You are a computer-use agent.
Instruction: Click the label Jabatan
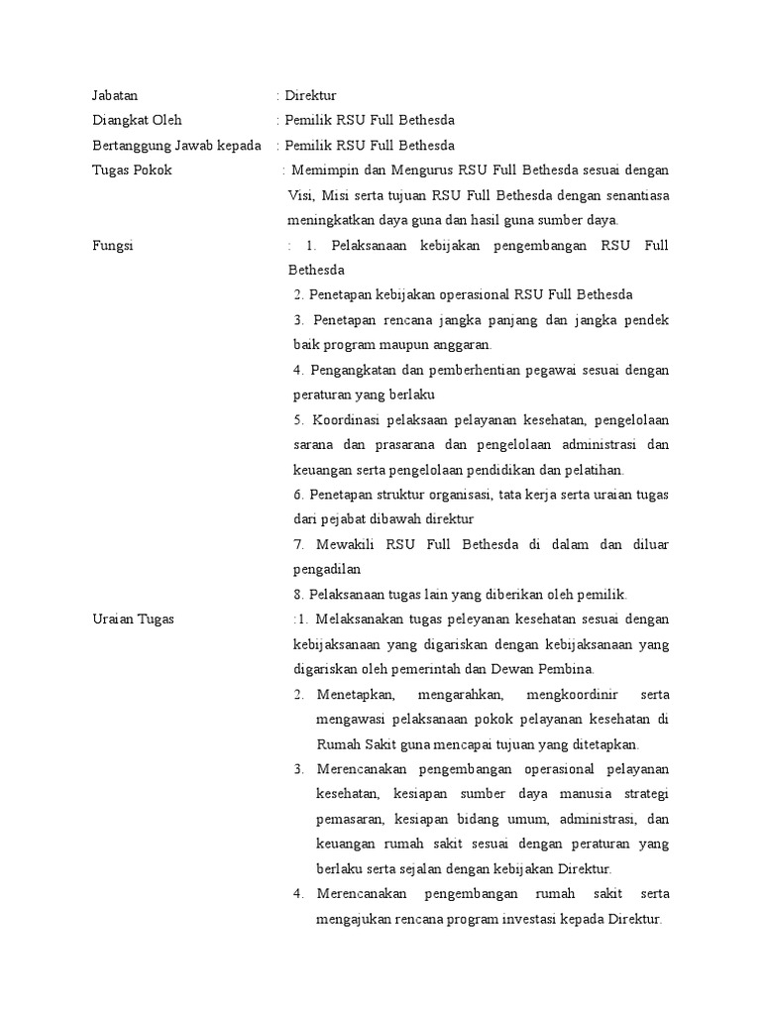tap(114, 96)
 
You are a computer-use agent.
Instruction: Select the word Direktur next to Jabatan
tap(311, 96)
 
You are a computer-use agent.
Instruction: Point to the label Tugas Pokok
tap(131, 170)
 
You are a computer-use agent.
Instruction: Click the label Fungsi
tap(111, 245)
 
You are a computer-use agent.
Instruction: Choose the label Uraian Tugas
tap(133, 620)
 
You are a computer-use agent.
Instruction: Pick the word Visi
tap(299, 195)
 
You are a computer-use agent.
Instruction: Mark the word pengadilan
tap(326, 569)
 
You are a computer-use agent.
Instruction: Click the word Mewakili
tap(346, 544)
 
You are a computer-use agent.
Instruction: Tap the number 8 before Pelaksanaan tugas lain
tap(297, 595)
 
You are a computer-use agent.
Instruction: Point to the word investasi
tap(533, 919)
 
